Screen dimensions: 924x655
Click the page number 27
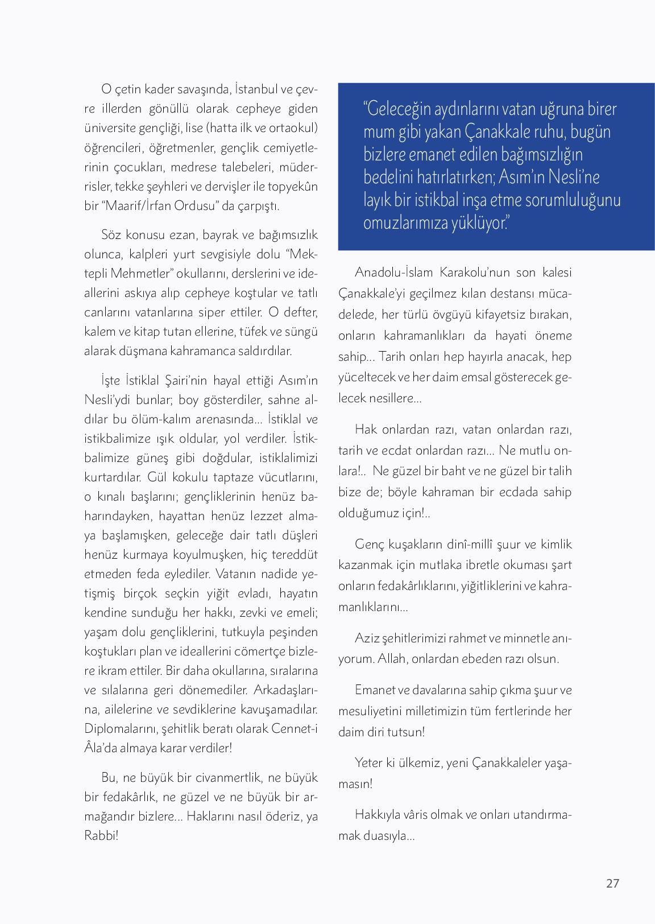coord(612,883)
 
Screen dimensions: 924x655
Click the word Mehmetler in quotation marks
coord(139,273)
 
